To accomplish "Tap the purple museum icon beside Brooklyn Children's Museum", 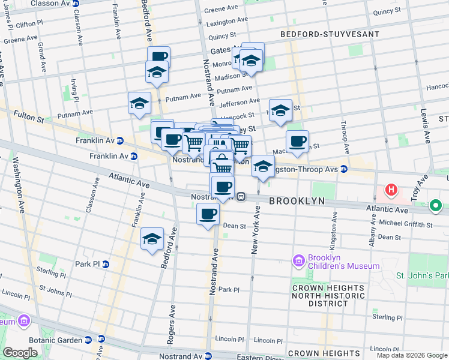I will (x=298, y=261).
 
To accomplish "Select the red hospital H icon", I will (x=391, y=190).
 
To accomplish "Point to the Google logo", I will (x=20, y=353).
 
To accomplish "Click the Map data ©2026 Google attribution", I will (x=411, y=355).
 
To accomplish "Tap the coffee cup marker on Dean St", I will (x=208, y=214).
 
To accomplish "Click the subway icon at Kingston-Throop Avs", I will (x=344, y=169).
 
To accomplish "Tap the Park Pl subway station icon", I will (x=106, y=263).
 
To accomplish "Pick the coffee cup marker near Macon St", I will (x=297, y=141).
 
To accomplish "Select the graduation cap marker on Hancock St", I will (x=280, y=110).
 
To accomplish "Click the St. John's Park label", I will (x=421, y=275).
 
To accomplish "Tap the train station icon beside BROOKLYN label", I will (x=241, y=196).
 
